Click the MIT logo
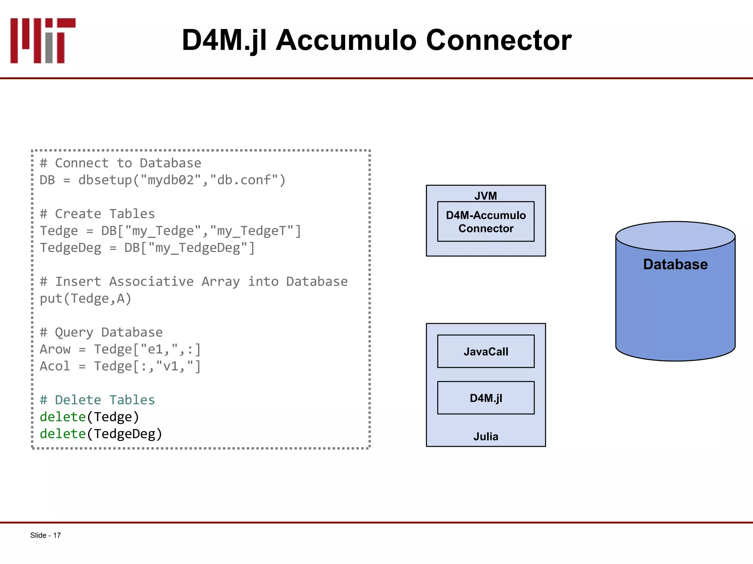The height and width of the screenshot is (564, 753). point(43,40)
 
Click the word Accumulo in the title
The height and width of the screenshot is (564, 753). point(346,40)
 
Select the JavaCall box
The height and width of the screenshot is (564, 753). point(486,351)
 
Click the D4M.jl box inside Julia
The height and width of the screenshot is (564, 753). point(486,398)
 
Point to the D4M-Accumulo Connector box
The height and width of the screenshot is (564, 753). point(486,222)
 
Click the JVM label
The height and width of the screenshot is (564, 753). point(486,196)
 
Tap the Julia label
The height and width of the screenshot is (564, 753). point(486,437)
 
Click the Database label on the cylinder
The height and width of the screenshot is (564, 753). point(675,264)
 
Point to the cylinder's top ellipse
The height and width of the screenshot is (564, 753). point(675,236)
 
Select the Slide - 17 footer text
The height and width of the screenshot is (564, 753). point(46,535)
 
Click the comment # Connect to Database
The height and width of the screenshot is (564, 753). point(121,163)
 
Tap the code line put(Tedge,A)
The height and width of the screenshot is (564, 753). point(85,299)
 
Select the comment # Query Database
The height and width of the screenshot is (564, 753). point(101,332)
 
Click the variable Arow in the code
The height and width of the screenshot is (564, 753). point(55,349)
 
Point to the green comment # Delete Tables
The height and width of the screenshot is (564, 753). point(97,400)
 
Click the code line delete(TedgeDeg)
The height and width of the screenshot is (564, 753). point(101,434)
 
